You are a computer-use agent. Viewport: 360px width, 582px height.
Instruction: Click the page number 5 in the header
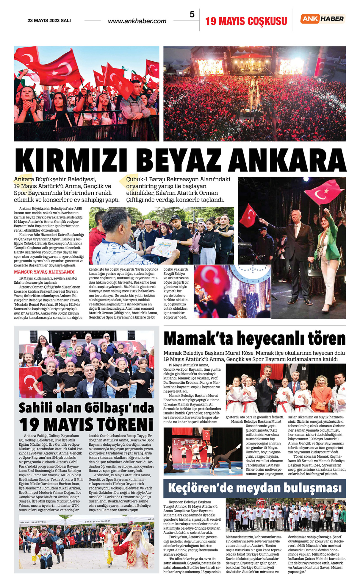tap(192, 14)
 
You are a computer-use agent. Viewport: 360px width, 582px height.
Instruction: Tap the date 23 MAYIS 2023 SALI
tap(49, 21)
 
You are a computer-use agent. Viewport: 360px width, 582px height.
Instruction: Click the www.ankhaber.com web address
tap(137, 21)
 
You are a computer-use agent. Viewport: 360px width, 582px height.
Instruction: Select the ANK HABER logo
tap(323, 19)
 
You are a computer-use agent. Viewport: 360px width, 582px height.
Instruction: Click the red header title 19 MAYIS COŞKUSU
tap(246, 21)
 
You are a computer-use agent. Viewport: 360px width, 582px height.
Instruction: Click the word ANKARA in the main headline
tap(287, 160)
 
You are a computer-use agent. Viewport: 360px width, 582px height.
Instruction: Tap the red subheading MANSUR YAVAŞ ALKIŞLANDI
tap(44, 272)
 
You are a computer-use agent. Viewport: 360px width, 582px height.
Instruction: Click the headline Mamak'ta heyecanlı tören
tap(254, 339)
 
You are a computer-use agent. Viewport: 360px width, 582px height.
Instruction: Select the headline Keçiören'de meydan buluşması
tap(255, 488)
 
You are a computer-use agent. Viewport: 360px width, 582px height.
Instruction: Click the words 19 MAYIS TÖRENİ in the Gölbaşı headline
tap(86, 425)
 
